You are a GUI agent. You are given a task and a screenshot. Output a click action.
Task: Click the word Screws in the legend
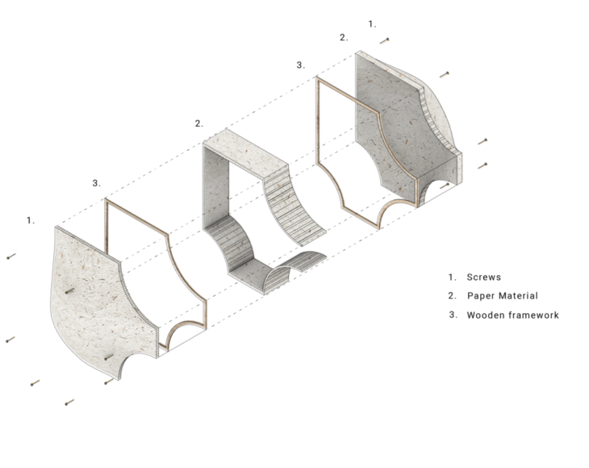click(484, 277)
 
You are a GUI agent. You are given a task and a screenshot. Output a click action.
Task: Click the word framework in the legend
click(534, 315)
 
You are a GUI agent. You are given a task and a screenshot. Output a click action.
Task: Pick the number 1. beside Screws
click(453, 277)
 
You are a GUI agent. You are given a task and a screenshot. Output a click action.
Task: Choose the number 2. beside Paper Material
click(453, 295)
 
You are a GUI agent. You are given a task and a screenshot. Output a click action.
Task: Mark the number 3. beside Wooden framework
click(453, 315)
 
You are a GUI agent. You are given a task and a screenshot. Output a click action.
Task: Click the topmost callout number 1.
click(372, 24)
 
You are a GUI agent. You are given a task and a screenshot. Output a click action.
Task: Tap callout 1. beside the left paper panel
click(31, 219)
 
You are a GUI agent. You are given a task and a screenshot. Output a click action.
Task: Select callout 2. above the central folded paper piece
click(198, 123)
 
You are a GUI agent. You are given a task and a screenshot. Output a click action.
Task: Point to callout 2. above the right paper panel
click(344, 37)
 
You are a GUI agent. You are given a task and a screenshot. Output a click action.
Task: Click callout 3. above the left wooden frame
click(96, 183)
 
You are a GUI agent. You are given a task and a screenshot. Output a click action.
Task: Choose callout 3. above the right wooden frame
click(301, 65)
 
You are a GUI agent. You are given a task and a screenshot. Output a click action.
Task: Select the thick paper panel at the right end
click(387, 121)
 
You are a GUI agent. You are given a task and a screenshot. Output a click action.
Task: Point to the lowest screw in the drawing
click(69, 401)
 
